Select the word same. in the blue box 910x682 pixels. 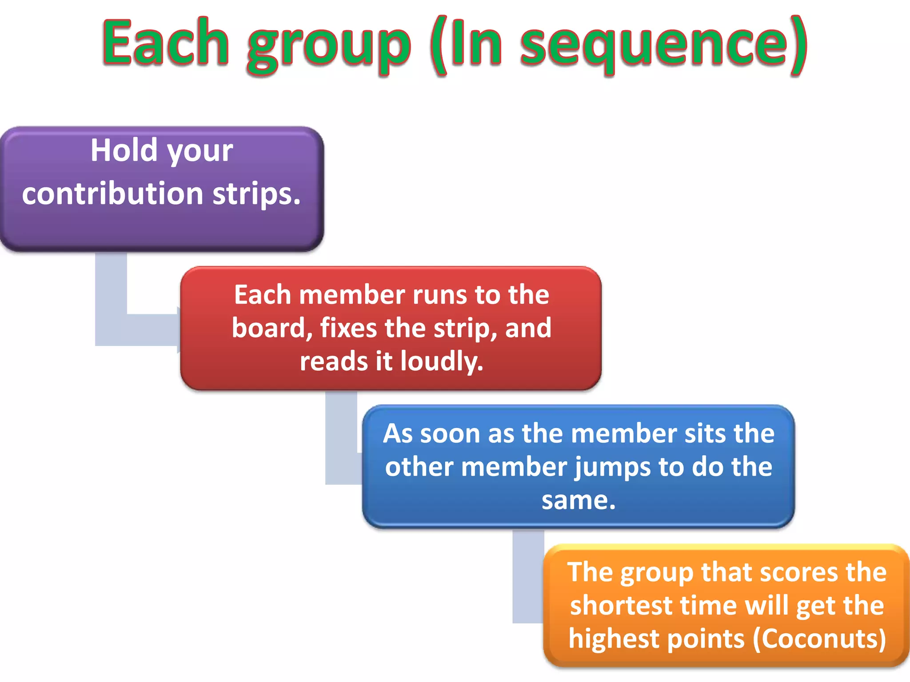579,500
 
